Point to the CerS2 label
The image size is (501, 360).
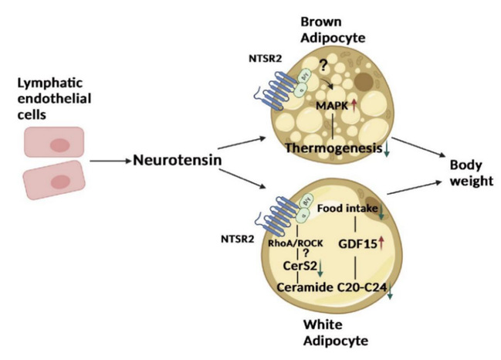[x=295, y=267]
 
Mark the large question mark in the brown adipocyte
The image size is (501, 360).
[x=323, y=68]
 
